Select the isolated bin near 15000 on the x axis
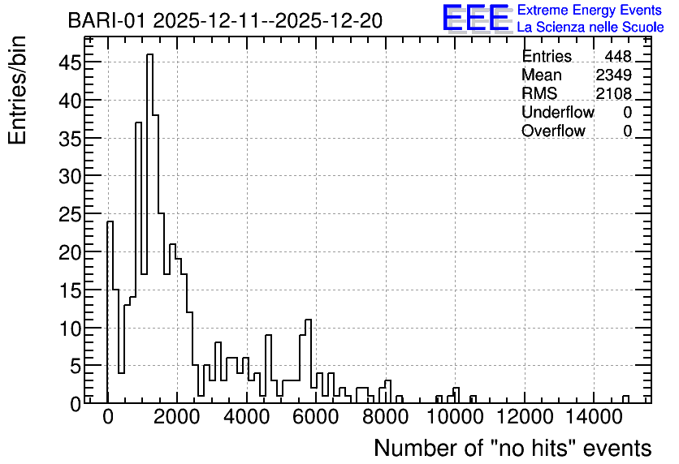point(625,399)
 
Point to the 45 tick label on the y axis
point(70,62)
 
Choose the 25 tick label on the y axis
point(70,214)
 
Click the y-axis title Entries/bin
point(17,90)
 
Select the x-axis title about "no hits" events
point(512,448)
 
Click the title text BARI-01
point(108,21)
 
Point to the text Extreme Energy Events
point(590,10)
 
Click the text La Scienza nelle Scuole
point(590,27)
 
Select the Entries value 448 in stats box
point(618,56)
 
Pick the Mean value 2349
point(613,75)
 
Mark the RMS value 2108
point(613,93)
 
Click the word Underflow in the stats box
point(558,112)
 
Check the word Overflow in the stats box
point(553,131)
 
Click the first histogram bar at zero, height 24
point(110,312)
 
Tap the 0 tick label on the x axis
point(107,417)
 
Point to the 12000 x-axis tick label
point(525,417)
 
